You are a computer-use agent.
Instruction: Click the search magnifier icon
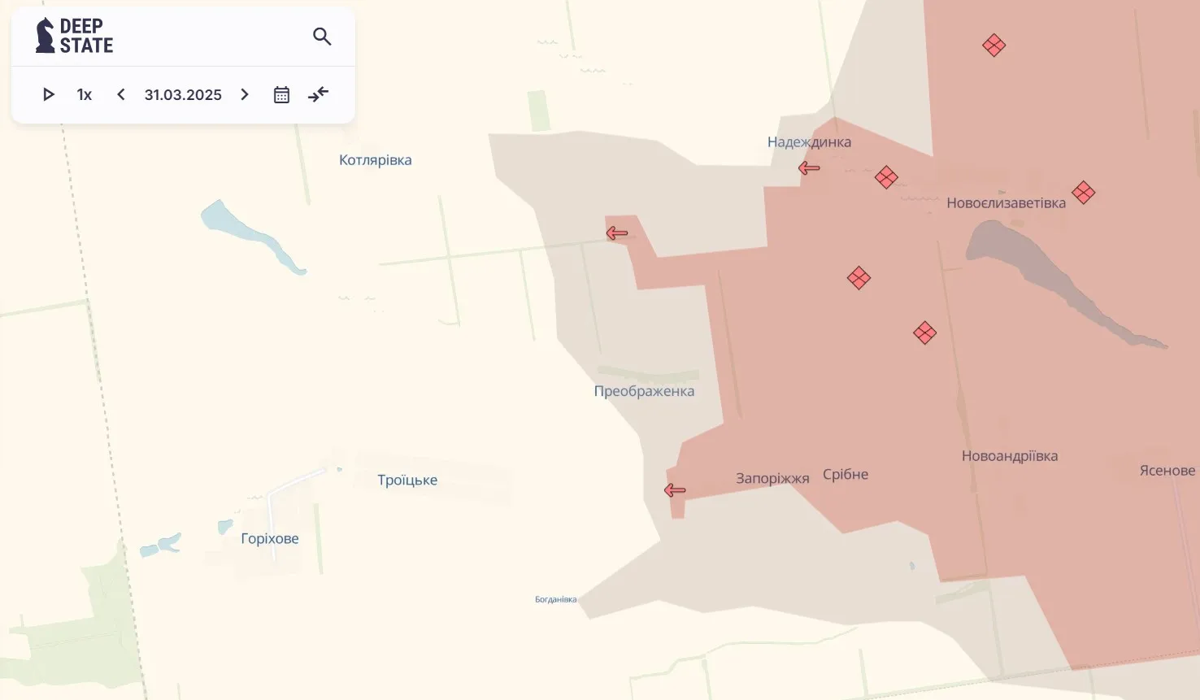tap(322, 37)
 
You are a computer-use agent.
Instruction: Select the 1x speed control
tap(85, 95)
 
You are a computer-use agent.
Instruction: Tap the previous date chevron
tap(121, 94)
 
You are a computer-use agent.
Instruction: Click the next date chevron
tap(245, 94)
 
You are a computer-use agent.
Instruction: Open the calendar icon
tap(281, 95)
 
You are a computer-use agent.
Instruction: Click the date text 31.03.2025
tap(183, 95)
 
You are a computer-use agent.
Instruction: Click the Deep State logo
tap(75, 36)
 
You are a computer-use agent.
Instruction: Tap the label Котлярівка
tap(375, 160)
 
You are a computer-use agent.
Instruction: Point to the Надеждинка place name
tap(809, 142)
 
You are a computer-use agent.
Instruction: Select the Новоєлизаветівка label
tap(1006, 203)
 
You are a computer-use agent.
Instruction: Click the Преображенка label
tap(644, 391)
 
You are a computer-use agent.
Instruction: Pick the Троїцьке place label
tap(407, 480)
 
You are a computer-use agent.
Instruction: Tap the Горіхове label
tap(270, 539)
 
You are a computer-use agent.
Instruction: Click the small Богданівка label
tap(555, 600)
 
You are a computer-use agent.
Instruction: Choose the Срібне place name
tap(846, 475)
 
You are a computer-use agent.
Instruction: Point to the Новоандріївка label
tap(1010, 456)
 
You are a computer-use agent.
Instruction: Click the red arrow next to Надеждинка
tap(809, 168)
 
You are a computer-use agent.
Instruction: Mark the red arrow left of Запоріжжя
tap(675, 490)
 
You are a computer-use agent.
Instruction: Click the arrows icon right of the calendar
tap(319, 94)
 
